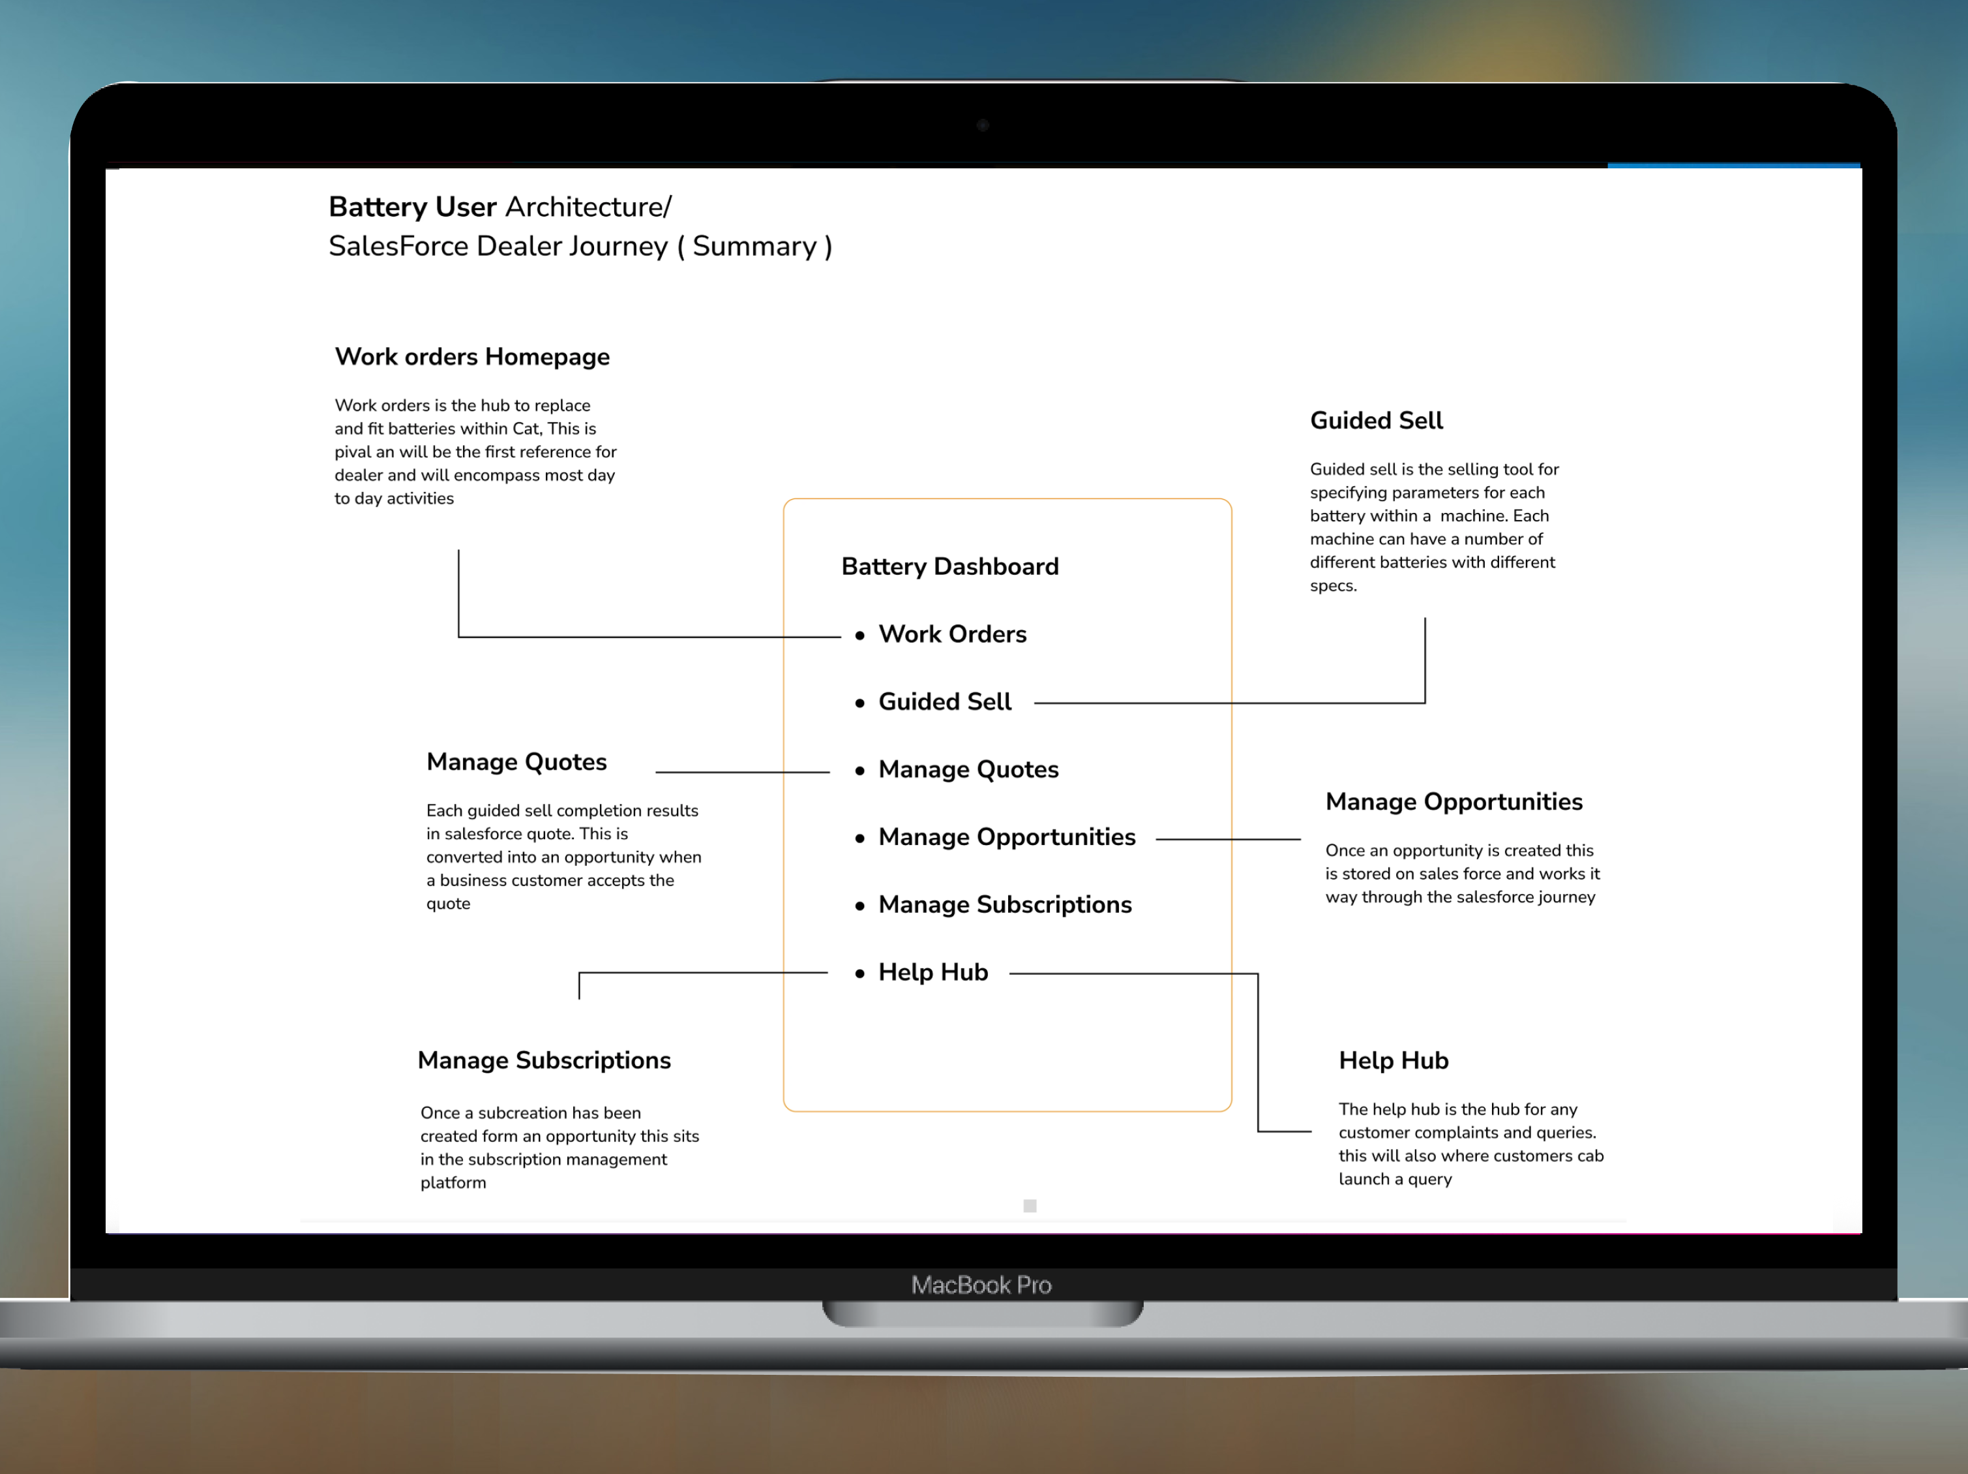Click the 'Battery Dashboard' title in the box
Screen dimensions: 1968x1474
click(x=949, y=566)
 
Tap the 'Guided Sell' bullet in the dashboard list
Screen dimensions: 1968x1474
click(x=944, y=701)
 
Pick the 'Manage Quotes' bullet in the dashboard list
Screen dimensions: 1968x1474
click(x=968, y=769)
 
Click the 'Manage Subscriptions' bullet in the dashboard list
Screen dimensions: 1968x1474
click(x=1004, y=904)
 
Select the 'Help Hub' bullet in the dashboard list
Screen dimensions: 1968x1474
click(x=932, y=972)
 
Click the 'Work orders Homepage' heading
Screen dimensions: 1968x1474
click(x=471, y=357)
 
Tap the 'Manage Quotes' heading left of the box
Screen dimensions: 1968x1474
click(x=516, y=762)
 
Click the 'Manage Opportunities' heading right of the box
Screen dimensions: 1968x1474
click(x=1454, y=802)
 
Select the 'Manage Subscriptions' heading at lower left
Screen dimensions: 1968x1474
click(x=544, y=1060)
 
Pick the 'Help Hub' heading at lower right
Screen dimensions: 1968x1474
click(x=1394, y=1060)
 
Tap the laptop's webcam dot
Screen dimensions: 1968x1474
click(x=983, y=125)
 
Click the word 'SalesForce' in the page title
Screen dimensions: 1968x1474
click(x=398, y=247)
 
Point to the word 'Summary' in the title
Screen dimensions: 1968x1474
click(x=754, y=247)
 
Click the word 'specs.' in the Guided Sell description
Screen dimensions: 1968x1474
click(x=1333, y=586)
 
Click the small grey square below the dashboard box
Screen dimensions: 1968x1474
click(x=1030, y=1206)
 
